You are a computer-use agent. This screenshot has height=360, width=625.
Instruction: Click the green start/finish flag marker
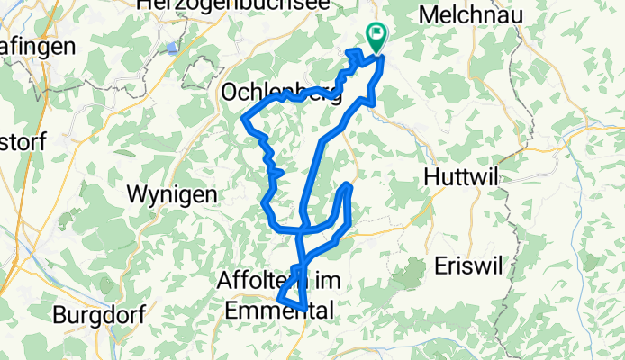tap(376, 37)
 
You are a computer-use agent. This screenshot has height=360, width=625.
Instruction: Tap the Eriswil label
tap(472, 265)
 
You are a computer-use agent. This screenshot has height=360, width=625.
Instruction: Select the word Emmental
tap(276, 310)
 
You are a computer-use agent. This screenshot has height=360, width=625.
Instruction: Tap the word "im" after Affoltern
tap(310, 281)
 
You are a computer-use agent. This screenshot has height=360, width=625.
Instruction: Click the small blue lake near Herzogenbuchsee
tap(172, 48)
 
